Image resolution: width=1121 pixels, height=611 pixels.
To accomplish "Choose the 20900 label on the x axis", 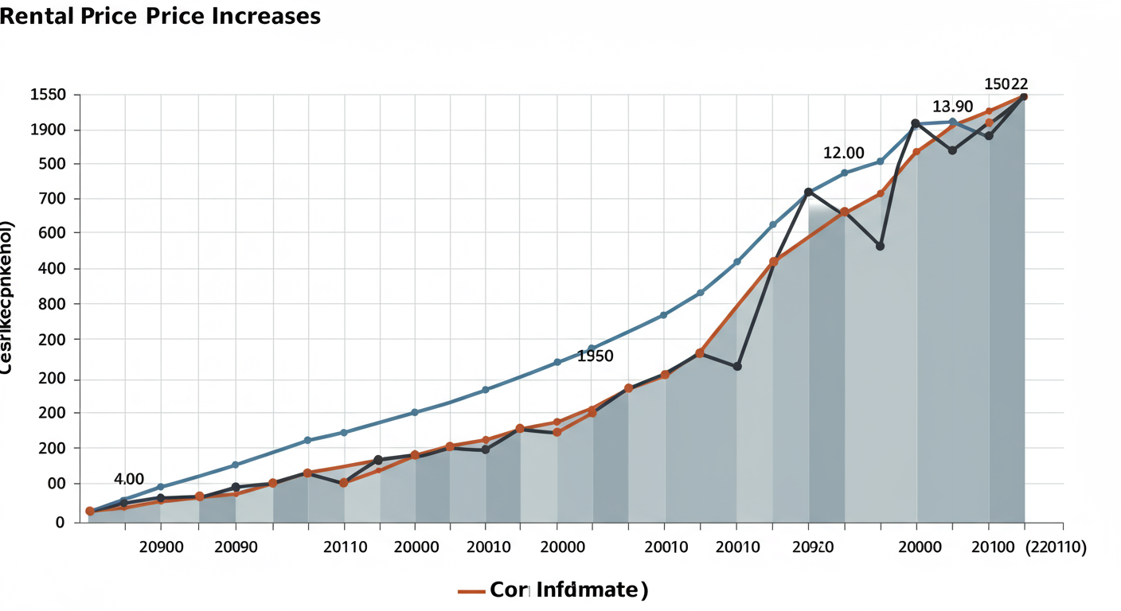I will [x=162, y=548].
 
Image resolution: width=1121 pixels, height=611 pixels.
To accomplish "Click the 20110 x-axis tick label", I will [x=345, y=548].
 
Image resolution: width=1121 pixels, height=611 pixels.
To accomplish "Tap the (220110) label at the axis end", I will [x=1056, y=548].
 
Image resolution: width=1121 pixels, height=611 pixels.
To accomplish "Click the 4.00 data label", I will [x=129, y=479].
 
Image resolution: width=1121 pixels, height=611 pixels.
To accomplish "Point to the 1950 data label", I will [x=596, y=356].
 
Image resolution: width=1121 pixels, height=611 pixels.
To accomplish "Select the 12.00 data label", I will [x=843, y=153].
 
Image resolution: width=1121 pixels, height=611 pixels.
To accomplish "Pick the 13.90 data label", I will [x=953, y=107].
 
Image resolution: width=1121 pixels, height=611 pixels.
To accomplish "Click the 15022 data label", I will [x=1006, y=84].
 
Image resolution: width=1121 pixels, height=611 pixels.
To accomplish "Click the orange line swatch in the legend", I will [x=471, y=591].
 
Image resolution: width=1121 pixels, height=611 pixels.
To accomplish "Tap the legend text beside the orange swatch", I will [x=568, y=590].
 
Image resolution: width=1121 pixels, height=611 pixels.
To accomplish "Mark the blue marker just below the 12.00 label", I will [x=844, y=173].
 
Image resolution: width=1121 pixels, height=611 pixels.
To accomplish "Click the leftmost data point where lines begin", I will [x=90, y=512].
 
